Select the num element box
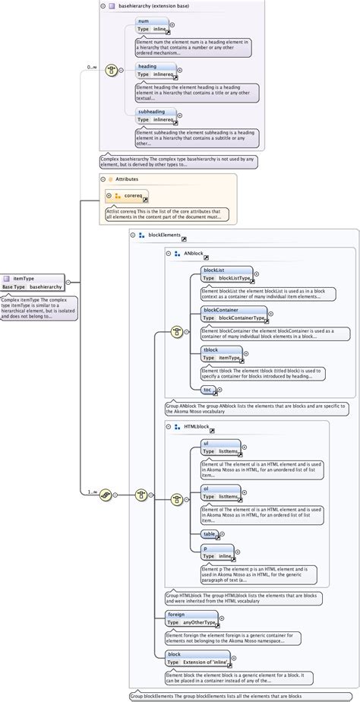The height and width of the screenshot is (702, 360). point(153,25)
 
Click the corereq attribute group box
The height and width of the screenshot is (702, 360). point(128,195)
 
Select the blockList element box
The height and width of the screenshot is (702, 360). point(226,274)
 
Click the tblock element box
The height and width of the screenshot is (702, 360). point(221,354)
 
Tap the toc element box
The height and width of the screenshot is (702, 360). point(207,390)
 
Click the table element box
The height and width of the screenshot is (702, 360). point(210,534)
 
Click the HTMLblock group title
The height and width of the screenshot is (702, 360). point(197,428)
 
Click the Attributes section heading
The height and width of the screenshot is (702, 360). point(126,179)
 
